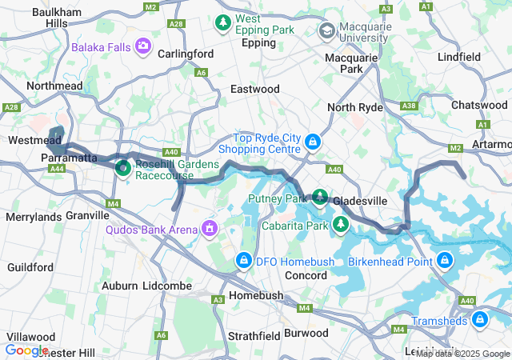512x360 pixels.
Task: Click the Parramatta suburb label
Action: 69,157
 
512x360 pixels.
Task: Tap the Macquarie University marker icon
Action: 326,30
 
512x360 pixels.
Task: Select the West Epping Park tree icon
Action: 224,22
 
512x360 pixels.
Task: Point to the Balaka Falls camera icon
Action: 143,46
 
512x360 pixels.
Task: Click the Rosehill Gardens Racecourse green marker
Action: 123,168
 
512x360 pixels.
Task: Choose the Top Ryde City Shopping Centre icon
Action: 312,143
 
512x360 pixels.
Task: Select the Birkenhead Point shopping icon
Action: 444,260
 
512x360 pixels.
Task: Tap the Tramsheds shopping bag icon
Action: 479,321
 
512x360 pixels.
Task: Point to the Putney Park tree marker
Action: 320,197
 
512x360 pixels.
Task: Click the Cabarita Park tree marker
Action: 341,225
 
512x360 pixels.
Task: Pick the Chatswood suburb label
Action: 478,105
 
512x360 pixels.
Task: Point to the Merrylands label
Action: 34,217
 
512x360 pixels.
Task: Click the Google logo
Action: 26,350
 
